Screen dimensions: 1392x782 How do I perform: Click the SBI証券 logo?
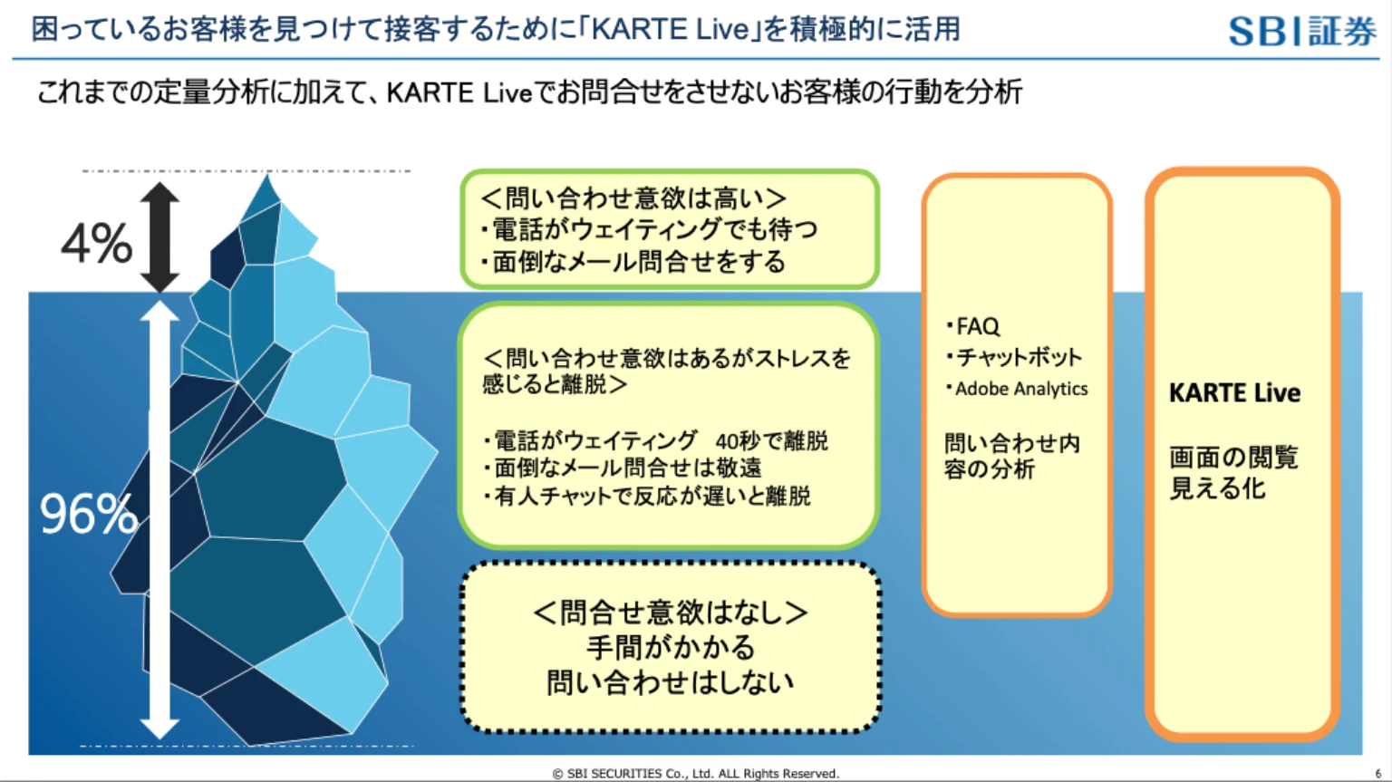coord(1301,31)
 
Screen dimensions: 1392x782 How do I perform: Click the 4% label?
coord(96,244)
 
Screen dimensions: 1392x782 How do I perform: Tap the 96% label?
coord(88,514)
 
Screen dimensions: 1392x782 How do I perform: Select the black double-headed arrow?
coord(159,237)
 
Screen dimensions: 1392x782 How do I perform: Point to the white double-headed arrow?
coord(159,520)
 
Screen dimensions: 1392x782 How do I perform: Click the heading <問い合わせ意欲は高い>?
coord(633,198)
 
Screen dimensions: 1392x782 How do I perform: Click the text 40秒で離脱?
coord(771,441)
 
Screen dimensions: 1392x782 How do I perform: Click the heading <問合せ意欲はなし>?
coord(671,613)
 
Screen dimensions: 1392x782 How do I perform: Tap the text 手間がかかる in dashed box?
coord(671,648)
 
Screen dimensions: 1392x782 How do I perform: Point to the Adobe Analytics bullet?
coord(1020,389)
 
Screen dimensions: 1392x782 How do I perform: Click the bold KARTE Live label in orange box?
coord(1234,393)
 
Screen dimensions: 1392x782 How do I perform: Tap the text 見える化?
coord(1217,489)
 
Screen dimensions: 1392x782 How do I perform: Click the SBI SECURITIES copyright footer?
coord(696,773)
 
